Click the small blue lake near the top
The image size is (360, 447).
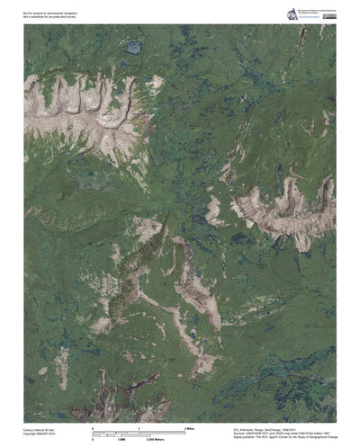pyautogui.click(x=133, y=47)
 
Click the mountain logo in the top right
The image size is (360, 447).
pyautogui.click(x=292, y=14)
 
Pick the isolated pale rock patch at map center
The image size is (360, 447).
pyautogui.click(x=214, y=212)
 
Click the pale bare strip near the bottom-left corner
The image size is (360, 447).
pyautogui.click(x=62, y=364)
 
